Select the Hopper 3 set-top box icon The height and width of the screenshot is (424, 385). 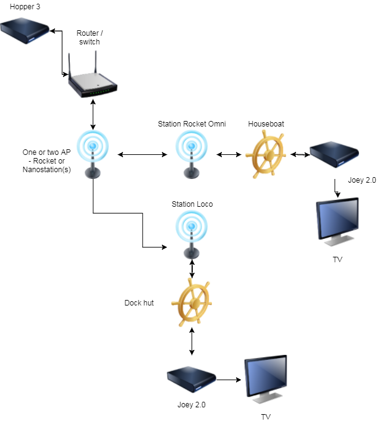click(25, 31)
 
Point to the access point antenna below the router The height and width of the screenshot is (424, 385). click(93, 154)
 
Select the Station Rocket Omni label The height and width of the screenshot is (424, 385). click(192, 124)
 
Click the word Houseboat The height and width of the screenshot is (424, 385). click(266, 124)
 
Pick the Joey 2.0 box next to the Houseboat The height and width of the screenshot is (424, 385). click(334, 155)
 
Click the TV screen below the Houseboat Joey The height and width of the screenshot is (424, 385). click(337, 220)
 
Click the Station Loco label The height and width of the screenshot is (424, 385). click(192, 204)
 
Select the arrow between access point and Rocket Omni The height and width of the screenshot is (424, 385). click(143, 154)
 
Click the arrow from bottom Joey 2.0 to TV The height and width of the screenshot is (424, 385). click(229, 380)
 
